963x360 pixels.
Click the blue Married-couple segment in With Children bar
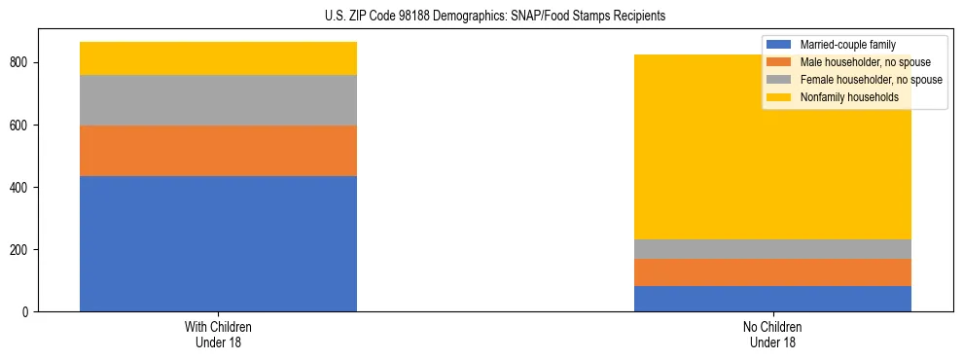pyautogui.click(x=218, y=243)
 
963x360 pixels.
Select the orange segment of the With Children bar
pyautogui.click(x=218, y=151)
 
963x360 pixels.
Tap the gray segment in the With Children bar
pyautogui.click(x=218, y=100)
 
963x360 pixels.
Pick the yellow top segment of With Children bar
pyautogui.click(x=218, y=58)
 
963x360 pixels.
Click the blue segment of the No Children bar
pyautogui.click(x=772, y=299)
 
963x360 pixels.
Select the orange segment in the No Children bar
pyautogui.click(x=772, y=272)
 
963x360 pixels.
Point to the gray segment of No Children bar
pyautogui.click(x=772, y=249)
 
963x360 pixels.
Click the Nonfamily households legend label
pyautogui.click(x=849, y=97)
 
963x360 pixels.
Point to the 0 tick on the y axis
pyautogui.click(x=33, y=312)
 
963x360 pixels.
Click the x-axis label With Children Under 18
pyautogui.click(x=218, y=335)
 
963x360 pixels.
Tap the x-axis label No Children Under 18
pyautogui.click(x=772, y=335)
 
